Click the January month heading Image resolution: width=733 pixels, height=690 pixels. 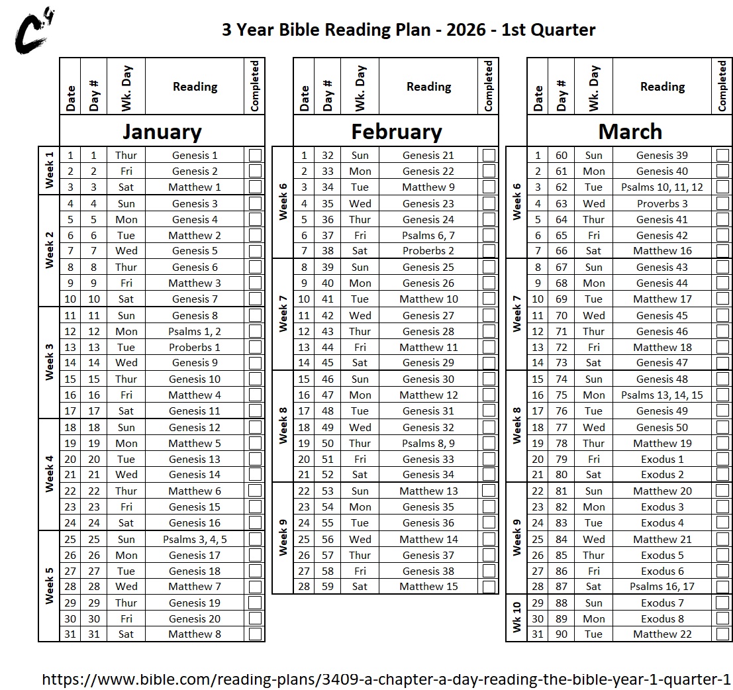click(162, 131)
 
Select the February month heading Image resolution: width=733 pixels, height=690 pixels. click(396, 131)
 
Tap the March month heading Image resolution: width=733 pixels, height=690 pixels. click(630, 131)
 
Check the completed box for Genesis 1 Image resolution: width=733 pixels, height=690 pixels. click(255, 156)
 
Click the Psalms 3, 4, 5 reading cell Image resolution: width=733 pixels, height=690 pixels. click(195, 539)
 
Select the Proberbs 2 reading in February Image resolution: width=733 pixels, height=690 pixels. click(428, 251)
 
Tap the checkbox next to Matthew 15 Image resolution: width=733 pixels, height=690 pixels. click(489, 587)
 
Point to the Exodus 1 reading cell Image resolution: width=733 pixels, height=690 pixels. click(662, 459)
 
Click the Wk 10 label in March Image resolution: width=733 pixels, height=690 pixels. click(516, 618)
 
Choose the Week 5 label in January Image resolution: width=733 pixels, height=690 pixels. click(49, 586)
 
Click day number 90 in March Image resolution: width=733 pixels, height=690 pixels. click(562, 634)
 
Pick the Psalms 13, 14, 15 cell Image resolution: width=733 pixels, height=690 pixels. click(662, 395)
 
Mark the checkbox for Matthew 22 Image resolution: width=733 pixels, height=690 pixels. click(722, 634)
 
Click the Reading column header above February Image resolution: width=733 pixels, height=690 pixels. click(428, 87)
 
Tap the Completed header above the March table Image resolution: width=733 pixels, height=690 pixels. click(722, 86)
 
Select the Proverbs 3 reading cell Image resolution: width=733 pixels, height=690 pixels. click(662, 204)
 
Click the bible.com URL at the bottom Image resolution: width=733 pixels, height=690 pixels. click(386, 679)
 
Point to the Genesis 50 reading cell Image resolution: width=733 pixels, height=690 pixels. click(662, 427)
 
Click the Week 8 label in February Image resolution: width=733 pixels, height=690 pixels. click(283, 426)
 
